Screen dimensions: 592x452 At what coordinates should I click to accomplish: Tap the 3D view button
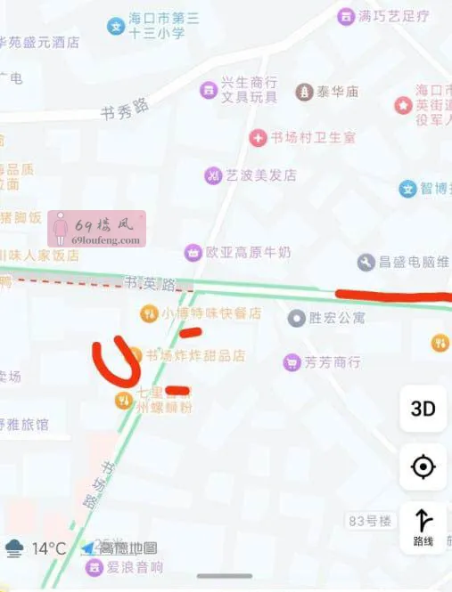tap(423, 409)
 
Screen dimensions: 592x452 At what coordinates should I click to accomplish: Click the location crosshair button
tap(423, 466)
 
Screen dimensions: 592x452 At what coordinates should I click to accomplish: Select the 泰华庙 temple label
tap(339, 92)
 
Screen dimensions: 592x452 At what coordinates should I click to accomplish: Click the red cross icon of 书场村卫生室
tap(258, 138)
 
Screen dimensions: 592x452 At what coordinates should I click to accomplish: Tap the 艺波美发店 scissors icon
tap(212, 175)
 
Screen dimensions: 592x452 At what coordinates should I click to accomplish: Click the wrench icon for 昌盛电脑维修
tap(366, 262)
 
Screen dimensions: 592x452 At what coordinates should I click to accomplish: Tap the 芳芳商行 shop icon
tap(292, 362)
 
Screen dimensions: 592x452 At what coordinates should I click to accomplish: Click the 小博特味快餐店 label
tap(211, 313)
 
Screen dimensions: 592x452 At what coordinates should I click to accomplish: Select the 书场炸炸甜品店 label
tap(195, 356)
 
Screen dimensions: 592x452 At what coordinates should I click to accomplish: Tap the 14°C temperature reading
tap(50, 548)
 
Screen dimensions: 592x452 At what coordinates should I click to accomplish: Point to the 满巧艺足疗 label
tap(393, 16)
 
